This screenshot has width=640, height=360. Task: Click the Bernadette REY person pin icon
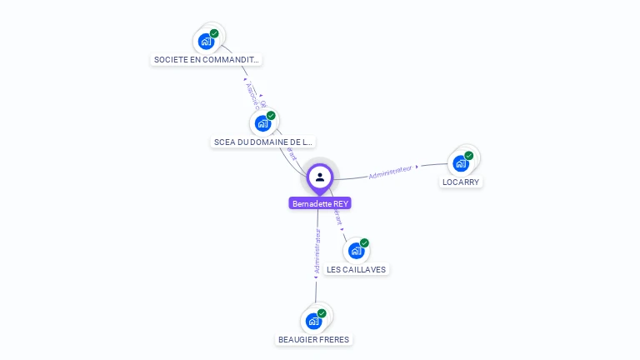click(x=320, y=177)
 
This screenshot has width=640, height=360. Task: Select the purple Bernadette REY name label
click(x=321, y=203)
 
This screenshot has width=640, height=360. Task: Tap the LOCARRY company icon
click(x=461, y=163)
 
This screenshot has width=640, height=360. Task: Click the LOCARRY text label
click(x=461, y=182)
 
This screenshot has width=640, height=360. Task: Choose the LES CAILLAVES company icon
click(x=357, y=250)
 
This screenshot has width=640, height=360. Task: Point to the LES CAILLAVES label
click(x=357, y=269)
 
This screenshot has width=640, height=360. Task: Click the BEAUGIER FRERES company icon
click(x=314, y=321)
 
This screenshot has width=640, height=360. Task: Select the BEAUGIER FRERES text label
click(x=314, y=339)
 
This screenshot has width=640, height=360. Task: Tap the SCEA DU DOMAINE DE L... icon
click(x=263, y=123)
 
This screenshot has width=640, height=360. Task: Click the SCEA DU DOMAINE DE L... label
click(x=263, y=142)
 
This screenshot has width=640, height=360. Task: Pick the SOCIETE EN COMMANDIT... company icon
click(x=206, y=41)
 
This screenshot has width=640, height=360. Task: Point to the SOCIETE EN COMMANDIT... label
click(x=207, y=60)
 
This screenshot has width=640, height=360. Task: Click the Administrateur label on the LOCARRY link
click(x=391, y=172)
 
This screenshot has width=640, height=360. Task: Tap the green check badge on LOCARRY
click(x=469, y=156)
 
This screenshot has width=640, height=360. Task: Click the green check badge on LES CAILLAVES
click(x=364, y=242)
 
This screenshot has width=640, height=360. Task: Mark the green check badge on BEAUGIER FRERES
click(x=322, y=313)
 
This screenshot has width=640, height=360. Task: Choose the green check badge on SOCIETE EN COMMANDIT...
click(x=214, y=33)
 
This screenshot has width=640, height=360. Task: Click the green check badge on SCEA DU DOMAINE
click(x=271, y=116)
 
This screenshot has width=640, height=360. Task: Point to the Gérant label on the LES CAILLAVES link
click(x=337, y=217)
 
